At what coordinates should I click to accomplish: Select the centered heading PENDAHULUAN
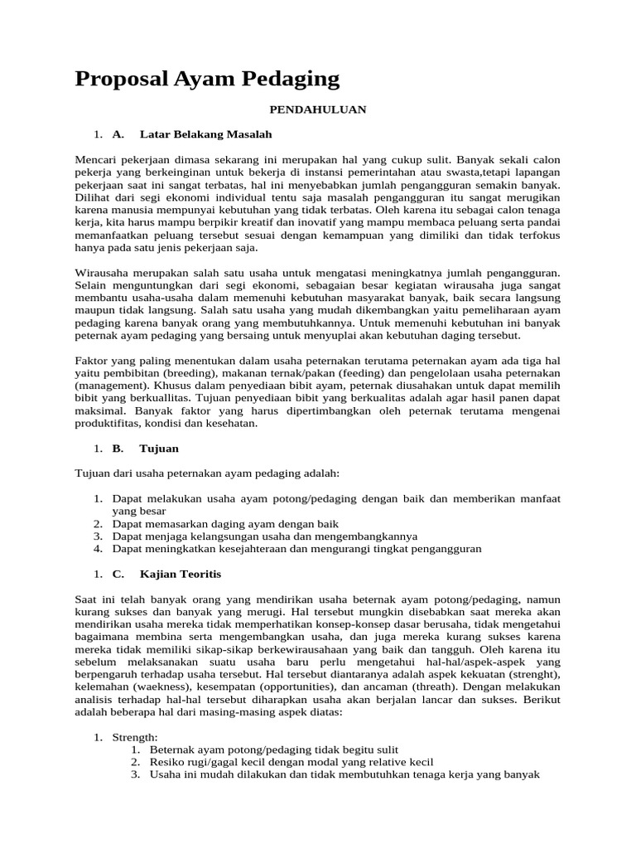pyautogui.click(x=317, y=109)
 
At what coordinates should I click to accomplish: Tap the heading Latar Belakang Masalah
pyautogui.click(x=206, y=133)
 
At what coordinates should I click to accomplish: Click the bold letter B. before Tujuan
pyautogui.click(x=118, y=449)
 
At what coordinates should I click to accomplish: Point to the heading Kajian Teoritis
pyautogui.click(x=181, y=574)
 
